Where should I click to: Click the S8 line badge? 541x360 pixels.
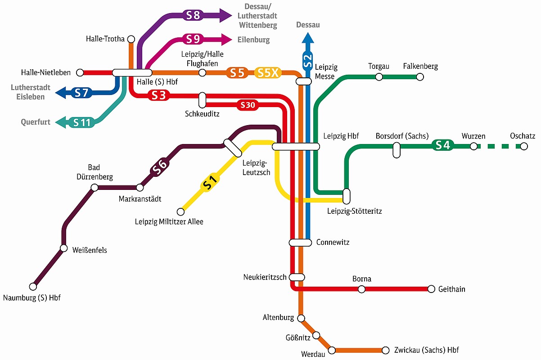(193, 15)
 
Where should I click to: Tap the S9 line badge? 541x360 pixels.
(193, 39)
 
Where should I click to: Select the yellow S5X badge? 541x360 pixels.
(268, 72)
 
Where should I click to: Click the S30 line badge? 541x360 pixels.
(248, 105)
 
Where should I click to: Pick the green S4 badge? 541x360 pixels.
(443, 145)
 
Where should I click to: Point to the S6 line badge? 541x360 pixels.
(161, 166)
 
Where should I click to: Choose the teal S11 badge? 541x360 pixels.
(82, 122)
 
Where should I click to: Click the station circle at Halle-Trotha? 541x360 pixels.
(131, 39)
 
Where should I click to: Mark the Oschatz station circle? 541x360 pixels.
(523, 146)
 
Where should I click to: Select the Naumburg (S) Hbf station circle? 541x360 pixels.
(33, 286)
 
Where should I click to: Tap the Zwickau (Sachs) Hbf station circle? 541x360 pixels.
(385, 350)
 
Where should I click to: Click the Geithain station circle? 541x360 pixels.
(432, 288)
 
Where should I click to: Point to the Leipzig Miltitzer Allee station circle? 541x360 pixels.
(180, 211)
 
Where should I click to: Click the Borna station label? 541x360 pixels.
(362, 279)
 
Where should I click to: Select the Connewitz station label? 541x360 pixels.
(333, 243)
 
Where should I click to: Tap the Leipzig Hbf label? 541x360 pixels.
(341, 136)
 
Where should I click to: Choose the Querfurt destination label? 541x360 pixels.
(36, 122)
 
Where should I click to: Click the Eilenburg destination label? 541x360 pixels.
(254, 40)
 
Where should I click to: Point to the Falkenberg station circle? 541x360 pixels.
(420, 77)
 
